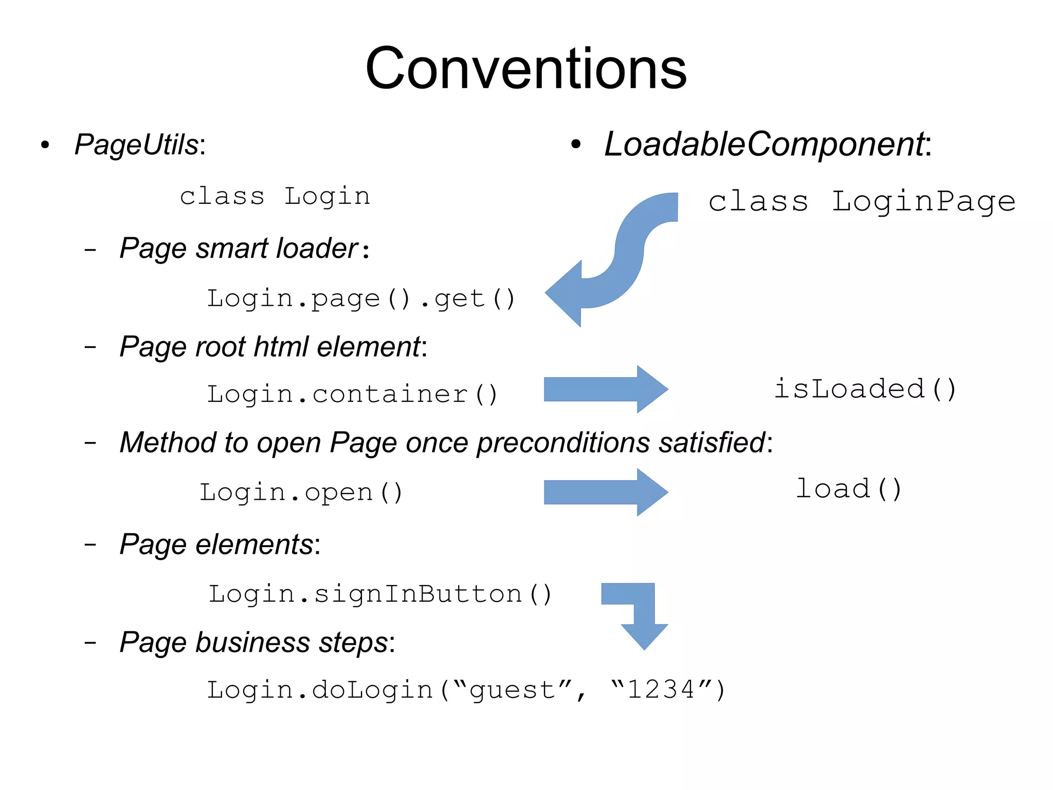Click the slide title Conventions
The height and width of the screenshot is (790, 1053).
point(525,68)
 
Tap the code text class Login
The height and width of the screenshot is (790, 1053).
point(275,197)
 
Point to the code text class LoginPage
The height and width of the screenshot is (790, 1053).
point(862,201)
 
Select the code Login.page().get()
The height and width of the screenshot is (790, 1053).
point(360,299)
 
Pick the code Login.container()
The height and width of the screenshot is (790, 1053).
point(352,395)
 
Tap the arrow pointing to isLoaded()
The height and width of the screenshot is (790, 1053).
point(606,389)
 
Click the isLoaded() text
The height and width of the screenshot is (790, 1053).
point(865,389)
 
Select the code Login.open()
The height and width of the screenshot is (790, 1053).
point(301,493)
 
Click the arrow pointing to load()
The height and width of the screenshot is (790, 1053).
point(606,492)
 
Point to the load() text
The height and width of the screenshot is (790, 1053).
point(848,489)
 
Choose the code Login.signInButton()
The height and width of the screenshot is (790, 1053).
point(380,594)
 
